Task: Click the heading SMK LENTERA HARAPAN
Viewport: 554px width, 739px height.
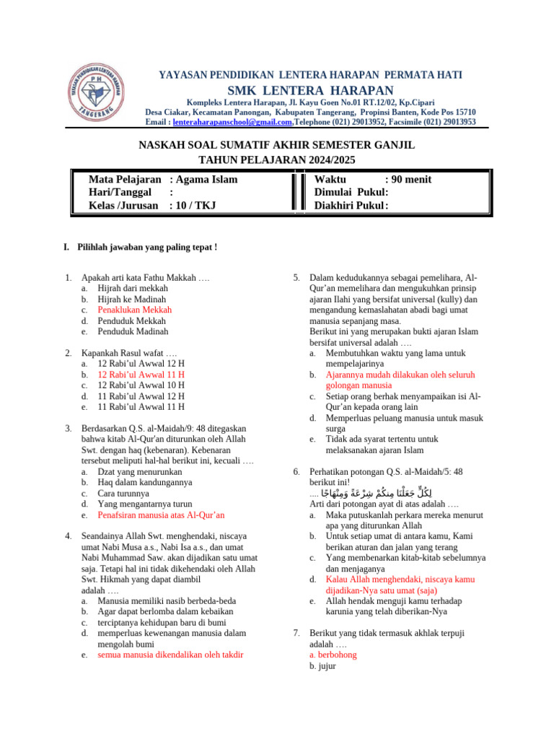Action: click(311, 90)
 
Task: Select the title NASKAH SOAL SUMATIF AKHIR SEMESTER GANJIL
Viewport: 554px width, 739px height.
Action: click(276, 146)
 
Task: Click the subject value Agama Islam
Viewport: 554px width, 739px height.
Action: click(206, 179)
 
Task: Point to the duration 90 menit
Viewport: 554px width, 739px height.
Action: click(408, 179)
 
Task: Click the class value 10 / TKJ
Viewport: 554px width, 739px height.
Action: click(195, 206)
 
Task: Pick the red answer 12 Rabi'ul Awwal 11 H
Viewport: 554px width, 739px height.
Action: click(141, 375)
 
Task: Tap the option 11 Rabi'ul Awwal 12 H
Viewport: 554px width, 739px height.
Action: click(141, 396)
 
